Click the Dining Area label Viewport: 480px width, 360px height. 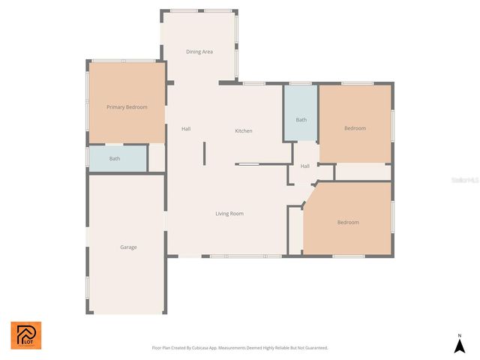click(x=199, y=52)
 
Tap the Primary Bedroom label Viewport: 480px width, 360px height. click(x=127, y=107)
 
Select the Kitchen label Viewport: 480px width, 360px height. click(x=244, y=131)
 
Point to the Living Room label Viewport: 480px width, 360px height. click(x=229, y=214)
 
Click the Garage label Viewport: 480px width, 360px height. click(x=128, y=247)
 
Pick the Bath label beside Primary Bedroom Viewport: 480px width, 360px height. click(x=115, y=158)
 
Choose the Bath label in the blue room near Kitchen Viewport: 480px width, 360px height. click(x=301, y=120)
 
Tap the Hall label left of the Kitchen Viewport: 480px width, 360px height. click(x=186, y=128)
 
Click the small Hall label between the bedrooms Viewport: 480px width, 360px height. click(x=305, y=166)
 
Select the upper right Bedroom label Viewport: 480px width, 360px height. click(x=355, y=128)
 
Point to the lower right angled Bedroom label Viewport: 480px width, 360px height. click(x=347, y=222)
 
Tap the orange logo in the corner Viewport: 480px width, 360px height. click(x=26, y=335)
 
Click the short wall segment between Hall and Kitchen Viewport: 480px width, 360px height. click(x=204, y=153)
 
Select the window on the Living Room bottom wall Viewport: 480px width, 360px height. click(x=245, y=256)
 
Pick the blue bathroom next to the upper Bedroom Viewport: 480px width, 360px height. click(x=301, y=112)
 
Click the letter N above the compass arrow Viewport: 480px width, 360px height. click(x=460, y=335)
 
